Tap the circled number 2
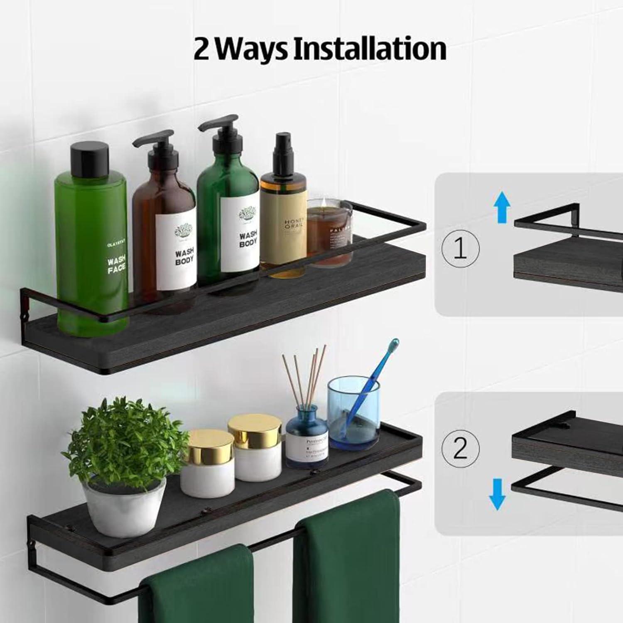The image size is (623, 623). [x=460, y=449]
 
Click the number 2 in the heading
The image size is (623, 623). [x=202, y=49]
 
